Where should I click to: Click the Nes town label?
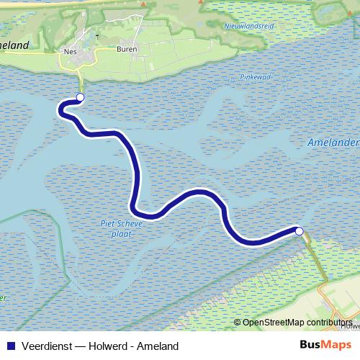click(x=70, y=51)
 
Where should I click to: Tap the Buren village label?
click(x=126, y=50)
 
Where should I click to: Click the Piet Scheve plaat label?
click(x=122, y=228)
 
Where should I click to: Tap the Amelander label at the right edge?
click(x=333, y=143)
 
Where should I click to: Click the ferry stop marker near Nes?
click(x=80, y=97)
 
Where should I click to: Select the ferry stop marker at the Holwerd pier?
click(x=299, y=231)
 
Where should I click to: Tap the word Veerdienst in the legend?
click(x=47, y=346)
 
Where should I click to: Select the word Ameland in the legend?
click(x=160, y=346)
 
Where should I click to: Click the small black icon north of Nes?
click(x=96, y=34)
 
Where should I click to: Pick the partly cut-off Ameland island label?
click(x=14, y=45)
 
